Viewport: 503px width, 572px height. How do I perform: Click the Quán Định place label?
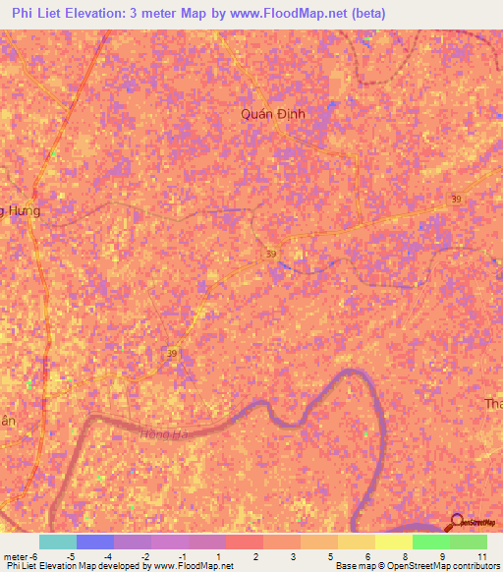click(274, 114)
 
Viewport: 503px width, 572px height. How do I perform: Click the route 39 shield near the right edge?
click(455, 199)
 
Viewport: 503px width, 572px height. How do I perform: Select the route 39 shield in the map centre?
click(270, 254)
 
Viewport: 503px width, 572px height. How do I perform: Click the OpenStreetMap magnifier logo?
click(458, 524)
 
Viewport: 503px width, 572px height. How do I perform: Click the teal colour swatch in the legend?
click(57, 542)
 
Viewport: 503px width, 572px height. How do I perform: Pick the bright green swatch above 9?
click(430, 542)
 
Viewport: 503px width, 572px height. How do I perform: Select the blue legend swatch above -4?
click(94, 542)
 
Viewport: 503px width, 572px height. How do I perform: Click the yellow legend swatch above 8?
click(393, 542)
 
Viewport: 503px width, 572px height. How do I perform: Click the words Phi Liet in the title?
click(41, 14)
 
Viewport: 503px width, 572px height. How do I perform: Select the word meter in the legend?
click(17, 556)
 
